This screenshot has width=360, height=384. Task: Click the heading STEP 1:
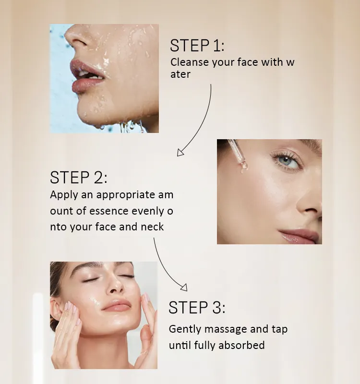pos(197,46)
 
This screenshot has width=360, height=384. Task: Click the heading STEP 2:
pos(79,177)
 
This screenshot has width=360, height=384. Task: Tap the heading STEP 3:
pos(197,307)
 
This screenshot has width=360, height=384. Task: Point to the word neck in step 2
pos(152,227)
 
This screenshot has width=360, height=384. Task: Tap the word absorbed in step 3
pos(241,345)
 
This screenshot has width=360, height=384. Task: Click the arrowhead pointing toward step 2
pos(180,153)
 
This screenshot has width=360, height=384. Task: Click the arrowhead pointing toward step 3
pos(184,288)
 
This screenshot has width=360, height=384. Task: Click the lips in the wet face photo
pos(87,76)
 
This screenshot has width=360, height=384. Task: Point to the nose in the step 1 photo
pos(76,37)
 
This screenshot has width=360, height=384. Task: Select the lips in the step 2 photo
pos(299,236)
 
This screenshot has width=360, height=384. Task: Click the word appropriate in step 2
pos(125,195)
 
